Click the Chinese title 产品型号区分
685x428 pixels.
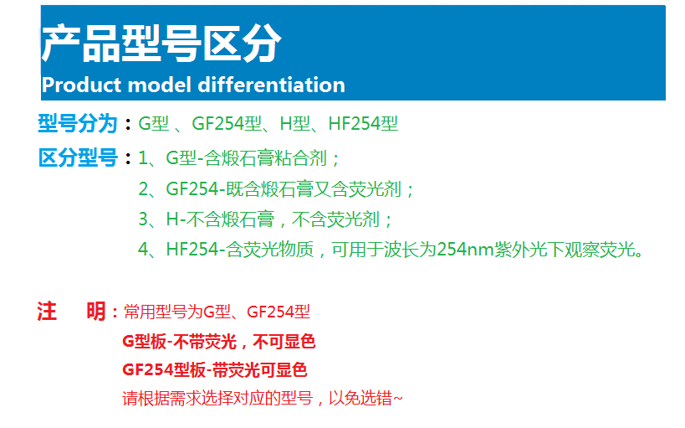[x=161, y=43]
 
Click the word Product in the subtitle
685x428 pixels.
[x=81, y=85]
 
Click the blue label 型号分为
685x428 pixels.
[x=78, y=123]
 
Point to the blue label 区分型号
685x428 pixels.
[x=78, y=157]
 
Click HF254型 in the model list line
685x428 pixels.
[x=363, y=123]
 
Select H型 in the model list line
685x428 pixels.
[x=295, y=123]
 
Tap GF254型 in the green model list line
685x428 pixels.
[x=227, y=123]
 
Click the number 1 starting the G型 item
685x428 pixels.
[x=143, y=158]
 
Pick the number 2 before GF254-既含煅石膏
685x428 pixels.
[x=143, y=189]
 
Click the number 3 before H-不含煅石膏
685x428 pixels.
[x=143, y=219]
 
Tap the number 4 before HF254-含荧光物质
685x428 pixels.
[x=143, y=249]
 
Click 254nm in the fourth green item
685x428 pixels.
[x=465, y=249]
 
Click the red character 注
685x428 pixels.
[x=47, y=312]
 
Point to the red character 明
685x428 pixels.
[x=96, y=312]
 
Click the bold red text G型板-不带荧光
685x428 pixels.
[x=180, y=342]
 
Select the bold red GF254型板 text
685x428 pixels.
[x=164, y=370]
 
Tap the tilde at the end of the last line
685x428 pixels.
[x=397, y=398]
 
